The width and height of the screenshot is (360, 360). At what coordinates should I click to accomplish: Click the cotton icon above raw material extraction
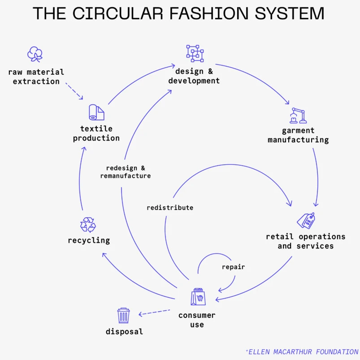tap(35, 54)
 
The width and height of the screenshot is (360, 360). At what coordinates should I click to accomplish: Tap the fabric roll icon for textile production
tap(96, 112)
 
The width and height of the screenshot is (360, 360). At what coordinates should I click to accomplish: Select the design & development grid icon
tap(195, 54)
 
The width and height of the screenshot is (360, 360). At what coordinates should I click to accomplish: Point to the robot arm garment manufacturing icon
tap(298, 116)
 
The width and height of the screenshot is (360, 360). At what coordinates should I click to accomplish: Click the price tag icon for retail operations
tap(306, 221)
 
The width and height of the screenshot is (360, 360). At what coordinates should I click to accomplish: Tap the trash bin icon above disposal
tap(124, 315)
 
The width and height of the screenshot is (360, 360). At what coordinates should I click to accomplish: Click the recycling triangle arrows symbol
tap(88, 224)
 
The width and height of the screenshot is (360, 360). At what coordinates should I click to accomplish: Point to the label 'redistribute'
tap(170, 208)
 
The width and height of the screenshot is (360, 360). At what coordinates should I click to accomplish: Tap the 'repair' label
tap(233, 267)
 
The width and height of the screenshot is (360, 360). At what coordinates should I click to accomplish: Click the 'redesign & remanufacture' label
tap(126, 172)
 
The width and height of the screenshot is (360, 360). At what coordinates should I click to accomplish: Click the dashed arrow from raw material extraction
tap(74, 91)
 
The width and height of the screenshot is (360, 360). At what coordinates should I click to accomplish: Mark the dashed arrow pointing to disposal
tap(154, 312)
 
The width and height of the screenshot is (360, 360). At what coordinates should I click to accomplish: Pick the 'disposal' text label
tap(124, 332)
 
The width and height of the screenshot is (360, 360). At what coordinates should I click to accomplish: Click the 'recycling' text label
tap(89, 240)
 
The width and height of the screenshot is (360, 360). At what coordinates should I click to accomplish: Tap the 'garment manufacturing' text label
tap(298, 135)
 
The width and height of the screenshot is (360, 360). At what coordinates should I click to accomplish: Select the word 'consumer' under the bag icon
tap(197, 315)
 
